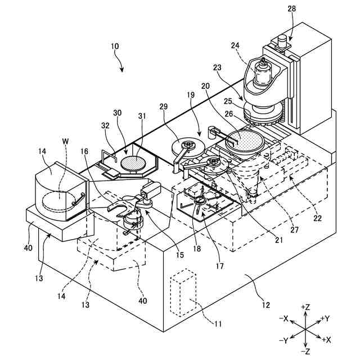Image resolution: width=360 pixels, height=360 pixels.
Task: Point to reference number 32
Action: pyautogui.click(x=105, y=126)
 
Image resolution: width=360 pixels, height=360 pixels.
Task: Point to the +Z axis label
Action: pyautogui.click(x=307, y=307)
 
